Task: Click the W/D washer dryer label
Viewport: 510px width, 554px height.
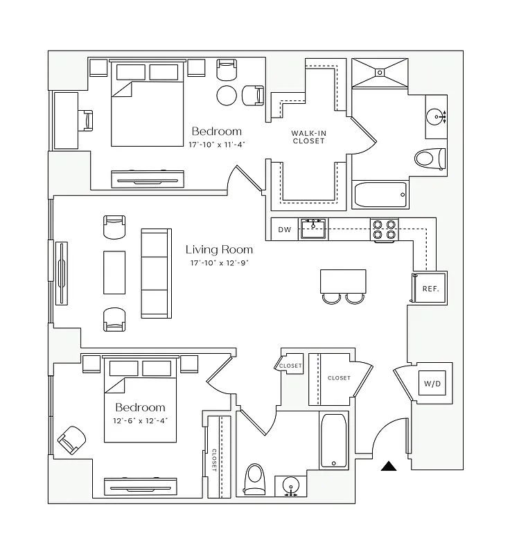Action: [431, 383]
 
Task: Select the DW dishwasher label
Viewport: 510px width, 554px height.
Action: [285, 230]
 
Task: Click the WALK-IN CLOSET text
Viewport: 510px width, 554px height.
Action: [308, 136]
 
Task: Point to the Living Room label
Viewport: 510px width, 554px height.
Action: [219, 249]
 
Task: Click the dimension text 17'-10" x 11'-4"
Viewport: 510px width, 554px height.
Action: [217, 145]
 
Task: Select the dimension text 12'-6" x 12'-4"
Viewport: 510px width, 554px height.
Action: [140, 420]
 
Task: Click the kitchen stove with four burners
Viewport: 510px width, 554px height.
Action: [385, 229]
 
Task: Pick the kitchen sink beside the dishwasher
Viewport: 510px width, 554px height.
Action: [314, 229]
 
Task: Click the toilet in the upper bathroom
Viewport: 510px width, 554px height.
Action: [430, 159]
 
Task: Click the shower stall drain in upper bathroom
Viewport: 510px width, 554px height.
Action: [381, 71]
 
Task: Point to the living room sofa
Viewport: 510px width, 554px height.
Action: [155, 273]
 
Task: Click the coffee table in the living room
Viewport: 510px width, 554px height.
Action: [114, 273]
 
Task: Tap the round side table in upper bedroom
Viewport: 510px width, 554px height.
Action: [227, 95]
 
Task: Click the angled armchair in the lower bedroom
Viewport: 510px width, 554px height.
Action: [71, 440]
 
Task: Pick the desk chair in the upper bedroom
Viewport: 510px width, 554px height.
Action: [87, 120]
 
